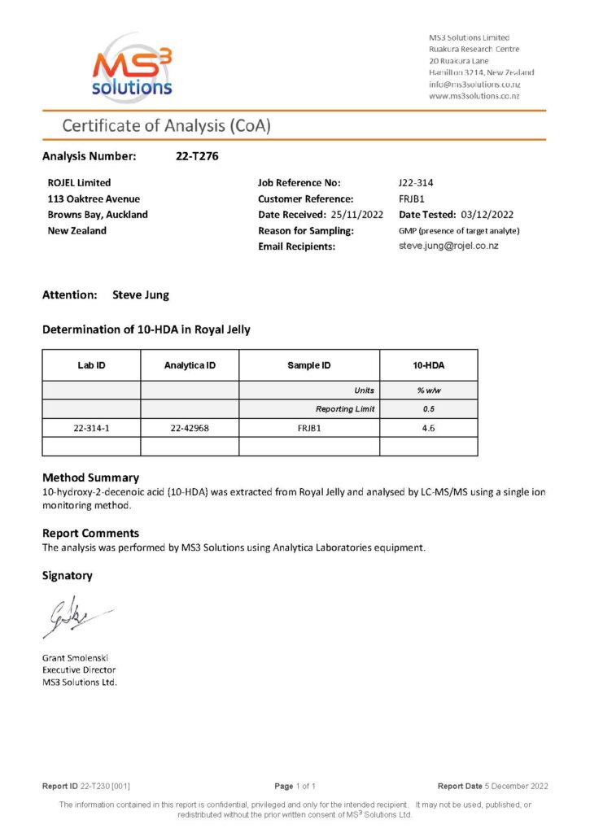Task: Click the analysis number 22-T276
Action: [x=197, y=156]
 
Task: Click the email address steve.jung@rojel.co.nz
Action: [x=455, y=246]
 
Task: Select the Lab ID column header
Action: [x=91, y=366]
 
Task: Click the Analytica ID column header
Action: [x=190, y=366]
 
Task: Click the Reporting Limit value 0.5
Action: [x=428, y=409]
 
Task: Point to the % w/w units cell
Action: [x=428, y=390]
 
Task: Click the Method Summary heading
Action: [x=90, y=478]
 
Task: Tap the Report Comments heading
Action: [x=90, y=534]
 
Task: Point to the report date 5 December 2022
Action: [x=518, y=786]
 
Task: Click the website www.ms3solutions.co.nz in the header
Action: [x=474, y=96]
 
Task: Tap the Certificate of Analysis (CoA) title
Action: [x=166, y=126]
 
